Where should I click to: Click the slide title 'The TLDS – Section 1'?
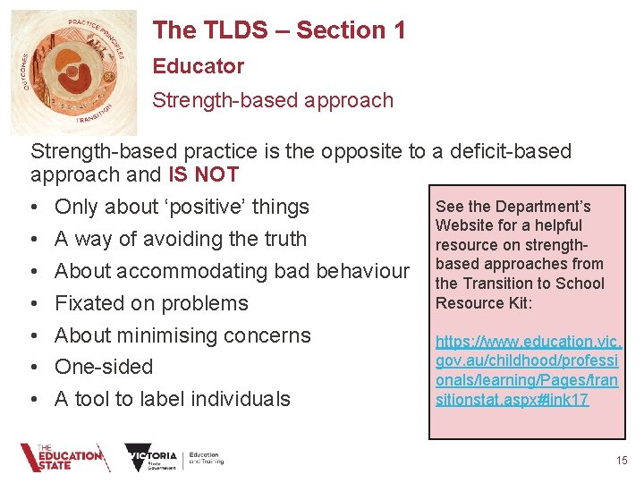point(278,30)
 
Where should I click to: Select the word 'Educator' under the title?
point(198,66)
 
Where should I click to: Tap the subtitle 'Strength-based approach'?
point(272,100)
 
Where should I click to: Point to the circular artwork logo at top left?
point(74,72)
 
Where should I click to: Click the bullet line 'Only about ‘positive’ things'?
point(182,207)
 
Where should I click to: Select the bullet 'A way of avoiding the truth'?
point(180,239)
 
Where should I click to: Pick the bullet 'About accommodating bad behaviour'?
point(232,271)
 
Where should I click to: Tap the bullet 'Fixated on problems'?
point(151,303)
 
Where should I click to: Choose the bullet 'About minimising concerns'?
point(182,335)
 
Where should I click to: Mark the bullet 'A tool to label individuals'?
point(172,399)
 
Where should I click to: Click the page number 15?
point(622,461)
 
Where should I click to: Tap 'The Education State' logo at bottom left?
point(62,458)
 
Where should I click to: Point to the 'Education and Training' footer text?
point(208,458)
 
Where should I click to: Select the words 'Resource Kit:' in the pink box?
point(484,303)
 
